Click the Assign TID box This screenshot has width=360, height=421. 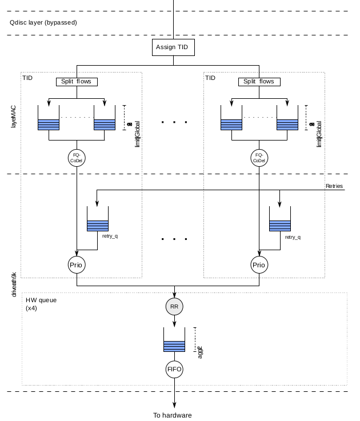[174, 47]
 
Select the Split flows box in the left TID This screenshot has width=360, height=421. [77, 82]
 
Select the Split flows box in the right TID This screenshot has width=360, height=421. [259, 82]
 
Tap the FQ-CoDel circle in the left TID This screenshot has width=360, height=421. [77, 158]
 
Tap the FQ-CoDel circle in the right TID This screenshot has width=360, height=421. [259, 158]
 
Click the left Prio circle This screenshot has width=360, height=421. [77, 265]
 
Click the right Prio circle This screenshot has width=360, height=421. [259, 265]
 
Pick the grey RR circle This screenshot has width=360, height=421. [174, 307]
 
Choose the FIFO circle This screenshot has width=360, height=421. [174, 369]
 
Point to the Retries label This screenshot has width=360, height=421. [334, 186]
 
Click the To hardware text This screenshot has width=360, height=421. [173, 415]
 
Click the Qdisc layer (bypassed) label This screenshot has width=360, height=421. [43, 22]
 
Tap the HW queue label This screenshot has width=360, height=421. [41, 300]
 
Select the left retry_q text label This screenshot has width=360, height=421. [110, 236]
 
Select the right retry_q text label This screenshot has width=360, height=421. [293, 236]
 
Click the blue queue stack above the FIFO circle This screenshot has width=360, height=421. [174, 346]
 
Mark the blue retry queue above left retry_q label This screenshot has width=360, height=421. [97, 226]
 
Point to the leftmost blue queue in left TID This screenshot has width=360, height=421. [49, 124]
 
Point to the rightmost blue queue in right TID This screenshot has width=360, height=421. [287, 124]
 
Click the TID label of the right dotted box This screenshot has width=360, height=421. [210, 78]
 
